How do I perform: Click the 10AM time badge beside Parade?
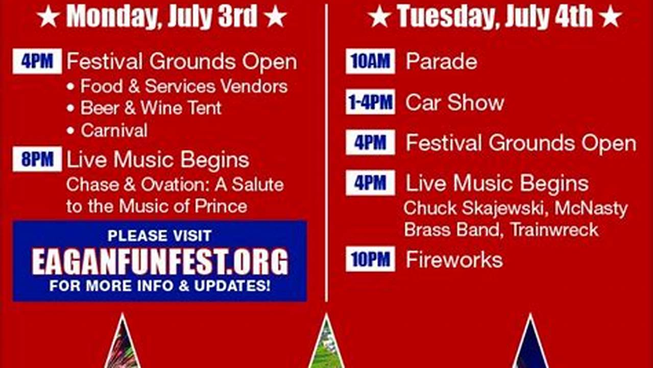click(x=370, y=61)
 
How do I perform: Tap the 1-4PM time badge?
click(x=370, y=102)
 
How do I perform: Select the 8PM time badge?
click(x=37, y=159)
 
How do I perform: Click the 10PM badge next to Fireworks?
click(x=370, y=260)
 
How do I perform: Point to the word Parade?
click(x=441, y=62)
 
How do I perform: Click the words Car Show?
click(x=454, y=103)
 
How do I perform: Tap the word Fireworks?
click(x=454, y=260)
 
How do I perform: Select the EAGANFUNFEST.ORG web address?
click(x=160, y=262)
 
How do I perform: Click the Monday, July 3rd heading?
click(x=162, y=16)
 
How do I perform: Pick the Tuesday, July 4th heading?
click(x=494, y=16)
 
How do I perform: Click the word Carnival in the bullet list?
click(x=114, y=130)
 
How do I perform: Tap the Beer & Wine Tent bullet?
click(x=151, y=108)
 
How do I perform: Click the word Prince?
click(x=221, y=206)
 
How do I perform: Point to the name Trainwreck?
click(x=554, y=229)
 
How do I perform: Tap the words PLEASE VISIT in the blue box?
click(x=159, y=236)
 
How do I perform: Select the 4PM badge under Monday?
click(x=37, y=61)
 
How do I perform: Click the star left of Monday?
click(x=48, y=17)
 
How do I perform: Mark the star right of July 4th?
click(x=610, y=17)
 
